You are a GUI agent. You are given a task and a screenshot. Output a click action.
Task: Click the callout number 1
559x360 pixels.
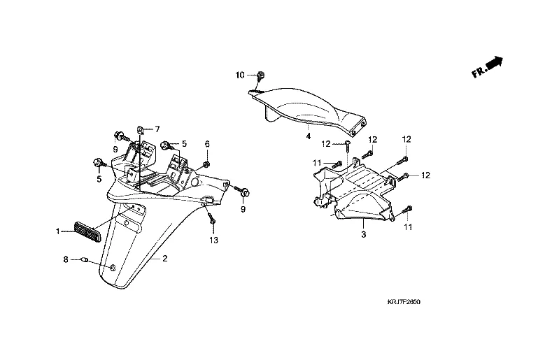(x=59, y=230)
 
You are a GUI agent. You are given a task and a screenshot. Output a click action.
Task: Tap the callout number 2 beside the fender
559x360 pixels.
(x=164, y=259)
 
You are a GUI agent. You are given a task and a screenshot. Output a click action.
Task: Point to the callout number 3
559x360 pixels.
(x=363, y=236)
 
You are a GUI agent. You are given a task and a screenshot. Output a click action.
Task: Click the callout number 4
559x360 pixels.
(x=308, y=136)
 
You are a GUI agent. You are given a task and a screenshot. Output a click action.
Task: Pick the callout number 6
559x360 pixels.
(x=207, y=144)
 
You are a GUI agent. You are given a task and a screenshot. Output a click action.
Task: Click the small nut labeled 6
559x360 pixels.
(x=208, y=165)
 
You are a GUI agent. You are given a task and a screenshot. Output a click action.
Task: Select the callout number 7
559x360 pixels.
(x=157, y=129)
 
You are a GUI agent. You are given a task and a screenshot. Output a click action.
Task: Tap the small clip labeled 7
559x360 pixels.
(x=142, y=129)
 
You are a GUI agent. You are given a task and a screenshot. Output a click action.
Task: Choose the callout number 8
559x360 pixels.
(x=66, y=260)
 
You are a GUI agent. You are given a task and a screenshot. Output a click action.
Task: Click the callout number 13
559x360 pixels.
(x=213, y=240)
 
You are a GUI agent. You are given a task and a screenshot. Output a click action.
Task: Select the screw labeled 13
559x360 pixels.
(x=212, y=220)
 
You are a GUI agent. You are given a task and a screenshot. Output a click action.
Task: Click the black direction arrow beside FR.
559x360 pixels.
(x=495, y=64)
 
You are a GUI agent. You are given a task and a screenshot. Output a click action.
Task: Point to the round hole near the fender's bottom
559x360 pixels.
(x=113, y=268)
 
